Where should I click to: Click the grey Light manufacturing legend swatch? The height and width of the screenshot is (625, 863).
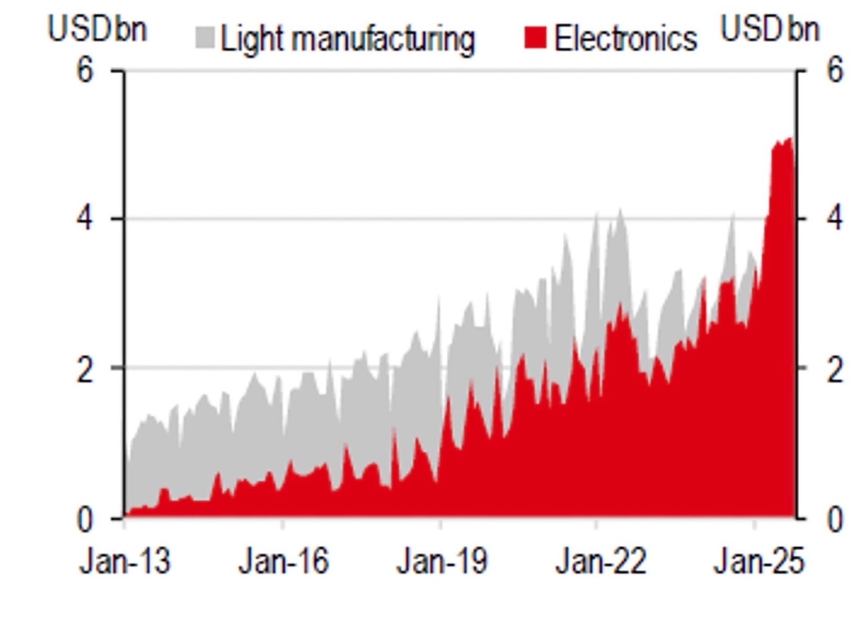click(205, 38)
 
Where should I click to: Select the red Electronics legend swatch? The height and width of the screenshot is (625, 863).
click(535, 38)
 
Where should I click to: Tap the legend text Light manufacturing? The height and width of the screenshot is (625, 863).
click(347, 40)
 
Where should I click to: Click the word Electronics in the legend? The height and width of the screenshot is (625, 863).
click(625, 39)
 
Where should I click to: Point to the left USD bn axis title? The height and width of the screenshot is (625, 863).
click(97, 30)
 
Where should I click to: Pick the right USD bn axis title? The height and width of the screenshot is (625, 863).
click(770, 30)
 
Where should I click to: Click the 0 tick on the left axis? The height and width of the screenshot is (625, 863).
click(85, 520)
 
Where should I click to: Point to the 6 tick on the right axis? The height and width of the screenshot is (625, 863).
click(834, 71)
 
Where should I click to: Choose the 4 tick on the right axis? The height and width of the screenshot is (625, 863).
click(834, 219)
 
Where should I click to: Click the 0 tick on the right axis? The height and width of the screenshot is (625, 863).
click(834, 520)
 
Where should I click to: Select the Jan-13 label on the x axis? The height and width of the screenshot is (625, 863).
click(125, 562)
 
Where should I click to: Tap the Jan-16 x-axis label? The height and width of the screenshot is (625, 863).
click(283, 562)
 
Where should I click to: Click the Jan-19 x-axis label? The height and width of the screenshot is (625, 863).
click(441, 562)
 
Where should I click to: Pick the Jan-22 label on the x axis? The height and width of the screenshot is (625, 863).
click(601, 562)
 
